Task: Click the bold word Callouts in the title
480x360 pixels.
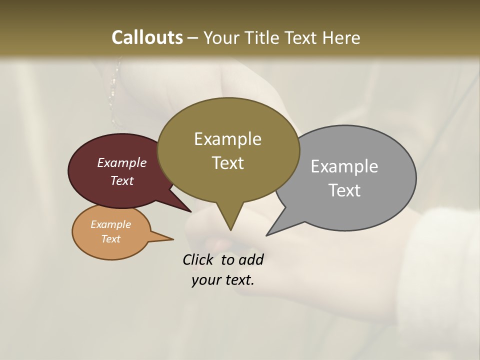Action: (x=147, y=37)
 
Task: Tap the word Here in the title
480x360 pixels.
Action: (x=342, y=37)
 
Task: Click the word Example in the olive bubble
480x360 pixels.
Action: (x=227, y=139)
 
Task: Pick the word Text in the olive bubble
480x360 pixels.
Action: (x=227, y=163)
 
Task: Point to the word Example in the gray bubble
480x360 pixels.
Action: (x=344, y=166)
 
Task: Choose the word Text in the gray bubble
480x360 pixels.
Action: (x=344, y=190)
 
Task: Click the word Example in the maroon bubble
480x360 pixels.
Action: (x=121, y=162)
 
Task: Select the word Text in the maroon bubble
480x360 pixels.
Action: (x=122, y=180)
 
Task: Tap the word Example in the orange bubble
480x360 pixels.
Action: (x=110, y=224)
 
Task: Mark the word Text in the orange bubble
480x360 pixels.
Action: (x=110, y=239)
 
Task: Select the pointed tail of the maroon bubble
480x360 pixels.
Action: (x=186, y=208)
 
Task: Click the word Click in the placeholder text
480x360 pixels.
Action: (x=199, y=259)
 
